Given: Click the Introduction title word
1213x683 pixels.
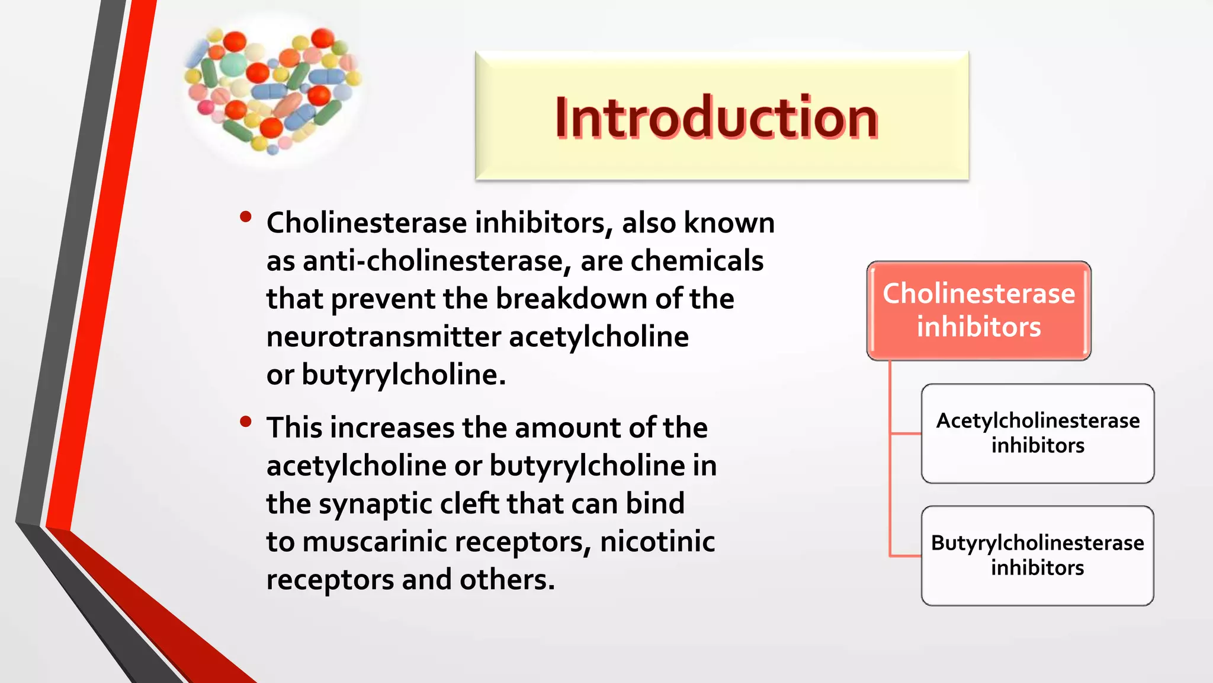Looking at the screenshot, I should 716,118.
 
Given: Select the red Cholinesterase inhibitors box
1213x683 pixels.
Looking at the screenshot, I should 978,311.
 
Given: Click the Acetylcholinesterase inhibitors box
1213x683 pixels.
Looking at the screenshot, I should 1038,433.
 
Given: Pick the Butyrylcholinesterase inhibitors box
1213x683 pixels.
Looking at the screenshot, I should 1038,556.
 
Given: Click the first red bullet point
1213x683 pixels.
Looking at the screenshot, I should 246,217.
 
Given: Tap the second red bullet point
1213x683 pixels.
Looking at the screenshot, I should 246,422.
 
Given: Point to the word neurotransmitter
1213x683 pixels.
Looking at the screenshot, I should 383,337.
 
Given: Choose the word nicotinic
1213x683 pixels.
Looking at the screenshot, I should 657,542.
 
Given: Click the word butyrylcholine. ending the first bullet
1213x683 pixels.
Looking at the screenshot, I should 403,375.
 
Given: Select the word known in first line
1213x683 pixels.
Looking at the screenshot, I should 729,223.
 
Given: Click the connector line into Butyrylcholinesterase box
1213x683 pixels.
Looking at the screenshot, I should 905,556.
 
